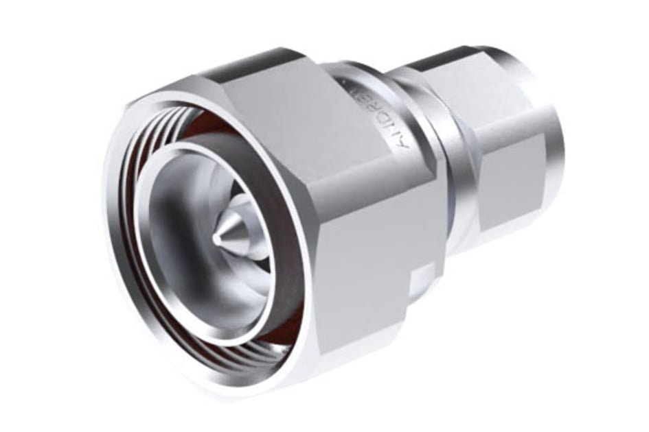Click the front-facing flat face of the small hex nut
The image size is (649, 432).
pyautogui.click(x=512, y=185)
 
